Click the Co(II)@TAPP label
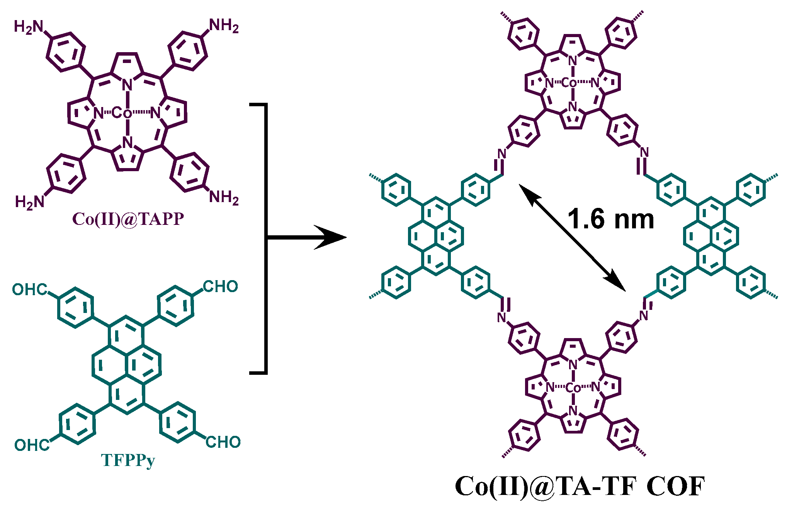(128, 219)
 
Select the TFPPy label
(128, 460)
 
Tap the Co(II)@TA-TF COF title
(580, 486)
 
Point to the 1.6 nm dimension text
(611, 219)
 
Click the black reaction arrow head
(332, 237)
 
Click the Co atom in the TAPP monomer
(122, 113)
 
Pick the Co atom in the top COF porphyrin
(569, 83)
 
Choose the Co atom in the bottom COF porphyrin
(573, 387)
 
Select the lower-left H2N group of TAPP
(29, 202)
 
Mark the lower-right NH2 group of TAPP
(224, 197)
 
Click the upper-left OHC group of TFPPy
(29, 289)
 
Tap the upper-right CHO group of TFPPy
(220, 286)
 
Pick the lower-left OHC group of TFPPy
(32, 445)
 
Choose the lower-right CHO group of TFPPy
(223, 442)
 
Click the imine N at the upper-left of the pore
(501, 154)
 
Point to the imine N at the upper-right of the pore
(644, 152)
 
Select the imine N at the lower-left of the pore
(501, 318)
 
